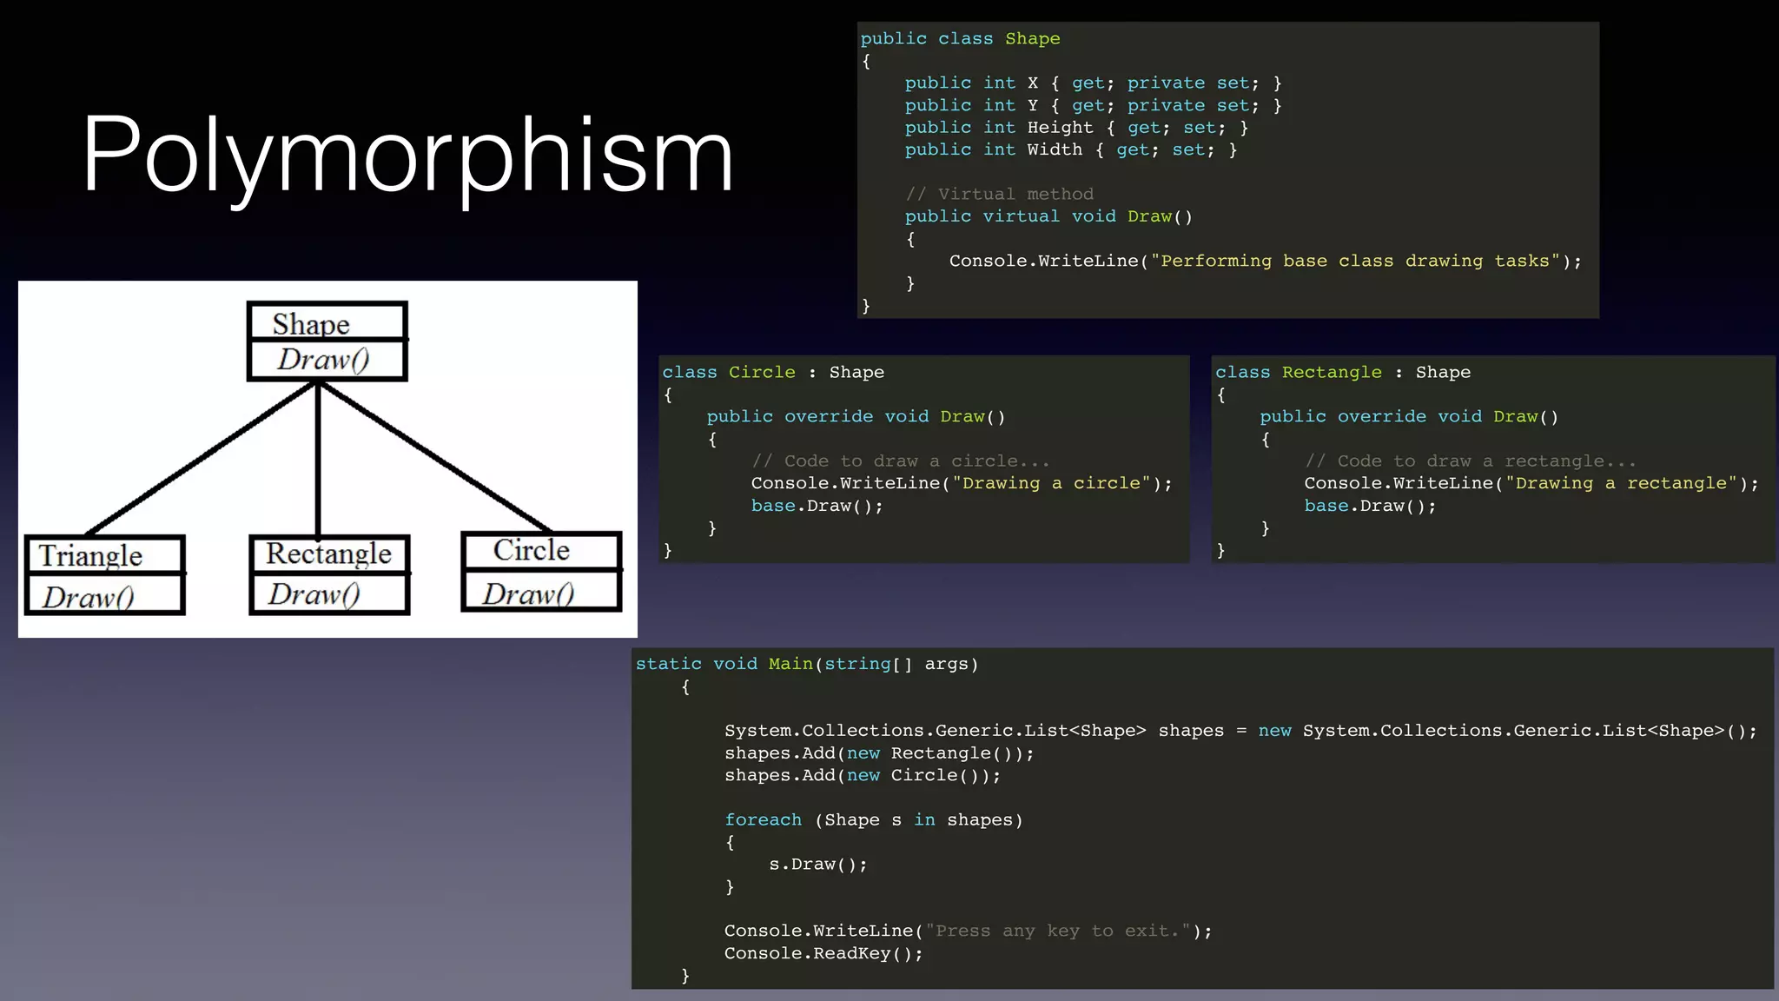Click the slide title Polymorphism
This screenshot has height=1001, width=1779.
[x=407, y=155]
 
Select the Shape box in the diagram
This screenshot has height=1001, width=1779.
[x=327, y=324]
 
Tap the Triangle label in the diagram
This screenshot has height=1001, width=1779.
[x=90, y=556]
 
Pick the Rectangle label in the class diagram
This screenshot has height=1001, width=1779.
[x=328, y=554]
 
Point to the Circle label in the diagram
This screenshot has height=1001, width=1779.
[x=532, y=550]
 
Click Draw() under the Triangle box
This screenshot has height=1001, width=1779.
[x=89, y=597]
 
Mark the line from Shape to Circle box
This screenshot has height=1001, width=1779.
[x=434, y=457]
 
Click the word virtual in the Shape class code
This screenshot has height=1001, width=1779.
[x=1021, y=216]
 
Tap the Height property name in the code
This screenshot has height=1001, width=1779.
[x=1060, y=128]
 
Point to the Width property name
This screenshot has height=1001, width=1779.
[x=1055, y=149]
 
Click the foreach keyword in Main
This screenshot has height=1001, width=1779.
[x=763, y=820]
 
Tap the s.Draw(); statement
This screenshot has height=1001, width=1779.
[x=817, y=865]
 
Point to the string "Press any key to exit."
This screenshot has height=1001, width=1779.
[x=1057, y=931]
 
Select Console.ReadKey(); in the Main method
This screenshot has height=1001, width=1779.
[x=823, y=954]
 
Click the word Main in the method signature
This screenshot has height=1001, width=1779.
[x=790, y=665]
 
